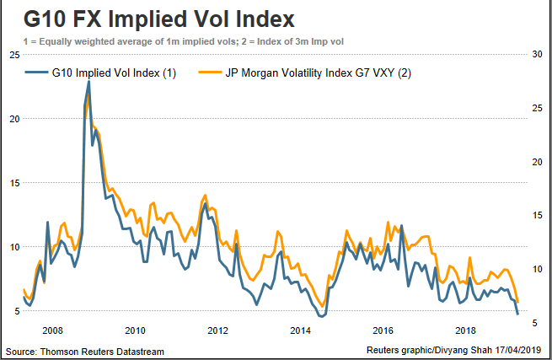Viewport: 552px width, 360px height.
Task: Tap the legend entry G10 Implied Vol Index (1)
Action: [x=111, y=73]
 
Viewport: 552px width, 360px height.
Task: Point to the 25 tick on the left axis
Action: [x=13, y=55]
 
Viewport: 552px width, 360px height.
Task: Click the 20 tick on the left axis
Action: [x=13, y=119]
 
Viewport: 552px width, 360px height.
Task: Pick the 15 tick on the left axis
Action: [x=13, y=183]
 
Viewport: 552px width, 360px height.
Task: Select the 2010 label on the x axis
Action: [x=137, y=330]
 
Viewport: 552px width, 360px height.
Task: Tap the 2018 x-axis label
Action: [x=466, y=330]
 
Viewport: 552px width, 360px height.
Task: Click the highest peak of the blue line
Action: [x=88, y=82]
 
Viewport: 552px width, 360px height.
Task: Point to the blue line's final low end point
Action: [x=517, y=314]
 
